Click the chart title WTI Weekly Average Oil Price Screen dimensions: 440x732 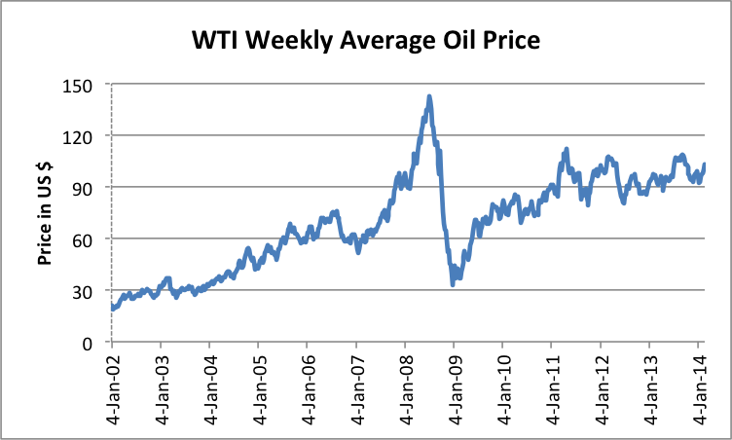click(x=366, y=41)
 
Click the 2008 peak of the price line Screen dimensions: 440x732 click(x=429, y=96)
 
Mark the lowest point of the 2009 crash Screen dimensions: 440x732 click(x=454, y=283)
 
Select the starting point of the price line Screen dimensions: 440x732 click(x=113, y=309)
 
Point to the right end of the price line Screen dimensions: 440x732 click(x=704, y=165)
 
